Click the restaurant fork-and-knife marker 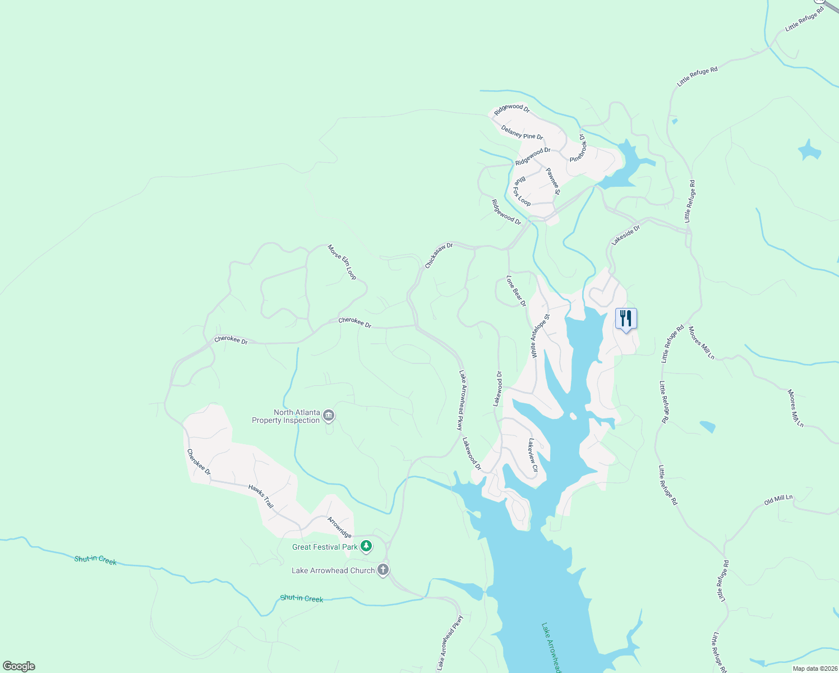point(626,319)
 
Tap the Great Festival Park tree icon point(366,546)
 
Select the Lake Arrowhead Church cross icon point(383,570)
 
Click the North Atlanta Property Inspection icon point(329,416)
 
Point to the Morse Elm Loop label point(342,262)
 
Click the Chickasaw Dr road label point(439,255)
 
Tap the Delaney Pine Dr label point(522,133)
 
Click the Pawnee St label point(553,181)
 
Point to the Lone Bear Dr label point(516,291)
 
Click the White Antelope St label point(540,336)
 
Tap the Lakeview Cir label point(532,455)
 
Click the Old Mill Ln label point(778,499)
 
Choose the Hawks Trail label point(261,496)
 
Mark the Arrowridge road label point(339,527)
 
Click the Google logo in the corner point(19,666)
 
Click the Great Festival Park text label point(325,547)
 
